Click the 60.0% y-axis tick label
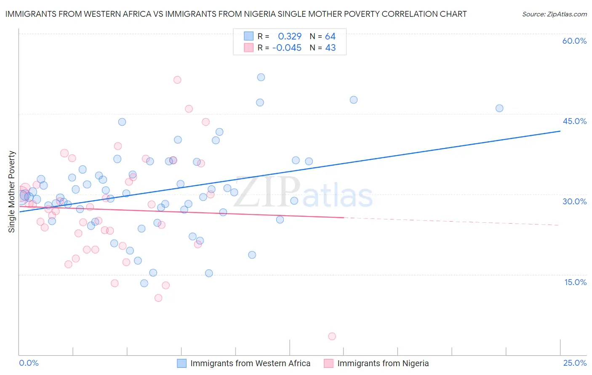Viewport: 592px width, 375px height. click(574, 41)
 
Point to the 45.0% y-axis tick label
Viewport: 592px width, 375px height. click(574, 121)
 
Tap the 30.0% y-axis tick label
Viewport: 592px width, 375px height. click(574, 201)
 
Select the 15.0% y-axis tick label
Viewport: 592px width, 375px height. click(575, 282)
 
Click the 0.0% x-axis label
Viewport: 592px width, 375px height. click(29, 363)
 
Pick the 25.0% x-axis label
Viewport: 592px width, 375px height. click(575, 363)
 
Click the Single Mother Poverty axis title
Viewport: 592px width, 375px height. click(12, 192)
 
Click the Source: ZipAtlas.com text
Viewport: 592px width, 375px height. click(554, 14)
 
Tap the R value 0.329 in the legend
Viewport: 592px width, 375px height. click(290, 37)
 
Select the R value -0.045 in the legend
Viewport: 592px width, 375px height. click(287, 48)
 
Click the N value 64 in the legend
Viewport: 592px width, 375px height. click(330, 37)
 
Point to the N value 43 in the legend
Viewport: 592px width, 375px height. click(330, 48)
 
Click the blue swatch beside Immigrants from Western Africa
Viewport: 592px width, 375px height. click(181, 363)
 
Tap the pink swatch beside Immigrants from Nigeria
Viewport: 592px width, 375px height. click(328, 363)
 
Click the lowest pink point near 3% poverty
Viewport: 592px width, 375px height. click(332, 336)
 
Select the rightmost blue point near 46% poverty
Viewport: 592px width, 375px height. click(499, 108)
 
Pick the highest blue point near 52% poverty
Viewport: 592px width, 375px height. click(261, 77)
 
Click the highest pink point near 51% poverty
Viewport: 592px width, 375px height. click(177, 80)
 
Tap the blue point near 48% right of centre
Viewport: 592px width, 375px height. click(354, 100)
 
